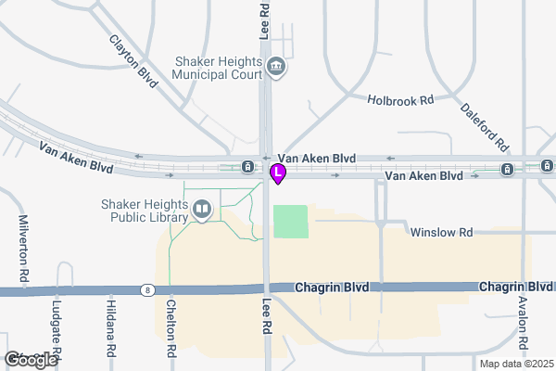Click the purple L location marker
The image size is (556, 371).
[x=277, y=173]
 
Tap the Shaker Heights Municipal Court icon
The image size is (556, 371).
[x=276, y=66]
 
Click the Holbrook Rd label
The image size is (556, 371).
[x=400, y=99]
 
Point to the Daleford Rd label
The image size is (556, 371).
[x=485, y=126]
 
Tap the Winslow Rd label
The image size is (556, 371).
[x=441, y=232]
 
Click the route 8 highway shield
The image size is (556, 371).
[x=147, y=290]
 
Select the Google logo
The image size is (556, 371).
[x=31, y=359]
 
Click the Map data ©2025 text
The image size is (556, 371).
[x=514, y=363]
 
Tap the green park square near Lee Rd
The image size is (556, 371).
[x=291, y=222]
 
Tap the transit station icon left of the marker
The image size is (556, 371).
[x=247, y=167]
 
